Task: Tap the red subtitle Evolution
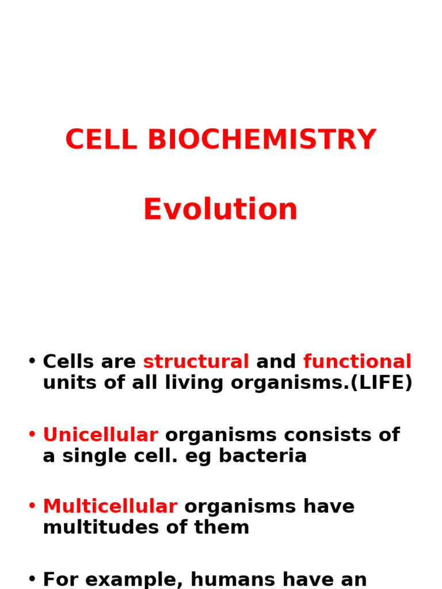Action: pyautogui.click(x=220, y=209)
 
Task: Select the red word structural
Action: pyautogui.click(x=196, y=362)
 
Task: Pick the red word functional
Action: pyautogui.click(x=357, y=362)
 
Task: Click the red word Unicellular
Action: pyautogui.click(x=100, y=435)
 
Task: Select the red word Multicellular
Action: pyautogui.click(x=110, y=507)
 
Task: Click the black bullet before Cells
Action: pyautogui.click(x=32, y=362)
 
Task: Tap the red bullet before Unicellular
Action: pyautogui.click(x=32, y=435)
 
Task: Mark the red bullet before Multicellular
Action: pyautogui.click(x=32, y=507)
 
